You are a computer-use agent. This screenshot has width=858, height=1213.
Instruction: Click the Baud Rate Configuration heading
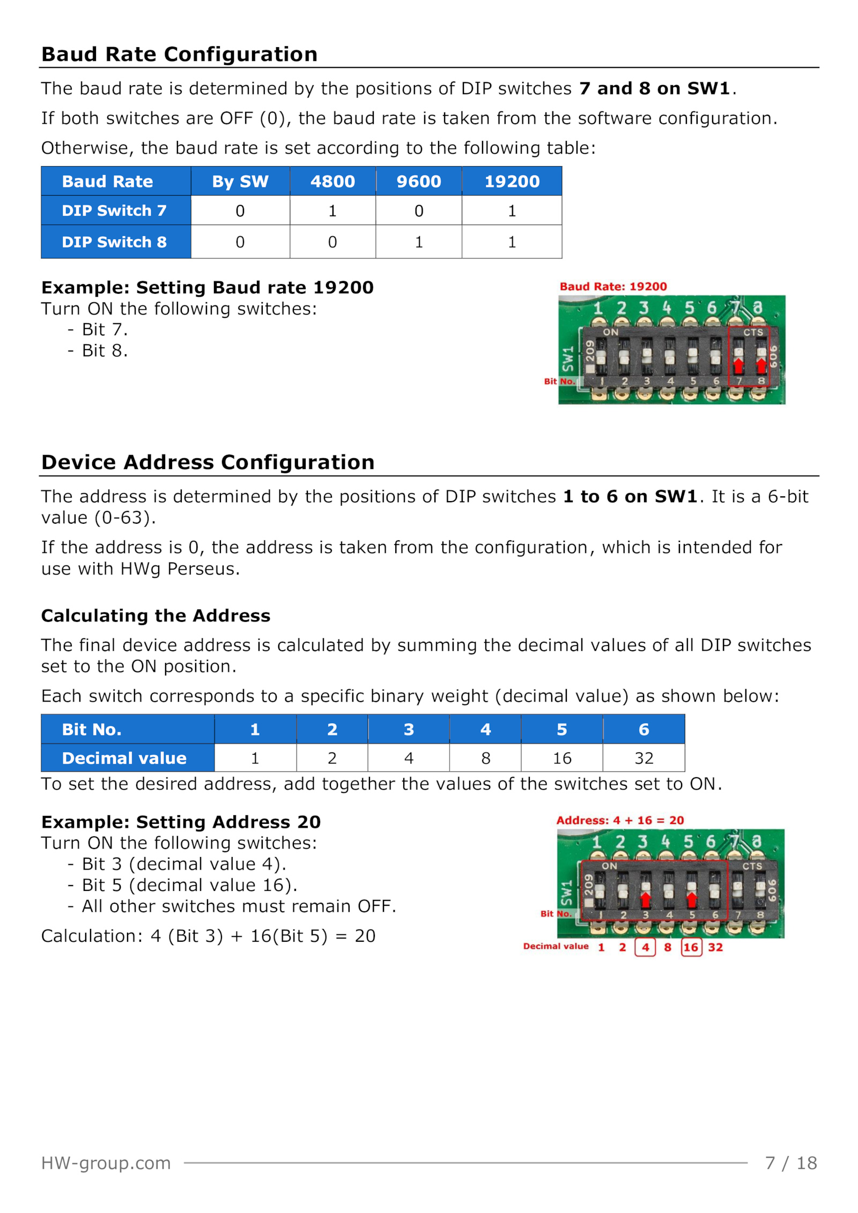(x=179, y=54)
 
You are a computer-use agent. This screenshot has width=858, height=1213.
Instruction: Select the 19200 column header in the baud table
(x=512, y=181)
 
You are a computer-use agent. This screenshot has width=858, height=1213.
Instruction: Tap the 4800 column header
(x=332, y=181)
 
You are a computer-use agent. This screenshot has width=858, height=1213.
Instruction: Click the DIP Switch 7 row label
(x=116, y=210)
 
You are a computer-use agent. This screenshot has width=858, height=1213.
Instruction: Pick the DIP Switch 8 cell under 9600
(x=419, y=242)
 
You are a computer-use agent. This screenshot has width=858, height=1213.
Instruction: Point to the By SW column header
(x=240, y=181)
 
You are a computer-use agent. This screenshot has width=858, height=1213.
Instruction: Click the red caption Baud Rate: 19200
(x=613, y=286)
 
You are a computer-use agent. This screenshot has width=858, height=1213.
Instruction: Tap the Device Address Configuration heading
(x=208, y=462)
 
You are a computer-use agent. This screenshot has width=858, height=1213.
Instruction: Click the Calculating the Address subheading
(x=156, y=615)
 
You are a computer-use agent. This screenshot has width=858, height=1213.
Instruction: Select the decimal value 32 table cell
(x=643, y=758)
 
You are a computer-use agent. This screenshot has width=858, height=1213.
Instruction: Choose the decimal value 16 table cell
(x=562, y=758)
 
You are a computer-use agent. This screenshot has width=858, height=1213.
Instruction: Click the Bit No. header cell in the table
(x=128, y=729)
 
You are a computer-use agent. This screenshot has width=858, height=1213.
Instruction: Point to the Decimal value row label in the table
(x=128, y=758)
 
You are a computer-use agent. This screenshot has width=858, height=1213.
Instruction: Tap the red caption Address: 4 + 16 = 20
(x=620, y=820)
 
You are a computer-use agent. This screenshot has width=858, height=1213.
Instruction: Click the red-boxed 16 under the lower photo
(x=691, y=947)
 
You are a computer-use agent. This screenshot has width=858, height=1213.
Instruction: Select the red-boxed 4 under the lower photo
(x=645, y=947)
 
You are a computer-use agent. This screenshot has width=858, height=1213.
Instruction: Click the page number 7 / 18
(x=791, y=1163)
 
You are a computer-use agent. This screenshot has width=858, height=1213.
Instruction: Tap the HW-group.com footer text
(x=106, y=1163)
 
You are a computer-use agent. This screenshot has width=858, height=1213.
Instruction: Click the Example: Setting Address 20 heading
(x=181, y=822)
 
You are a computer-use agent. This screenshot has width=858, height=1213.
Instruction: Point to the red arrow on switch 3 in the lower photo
(x=646, y=899)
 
